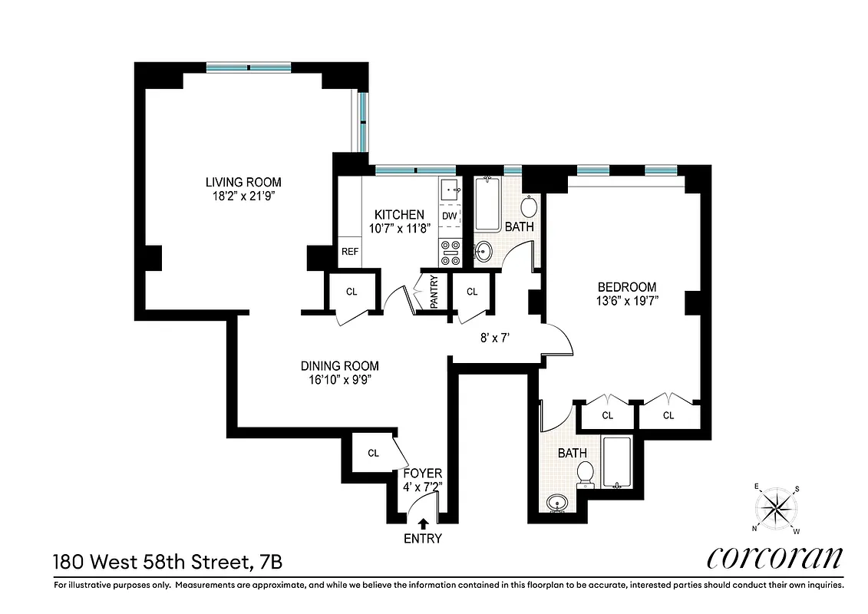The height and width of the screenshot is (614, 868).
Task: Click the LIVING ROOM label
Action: click(243, 182)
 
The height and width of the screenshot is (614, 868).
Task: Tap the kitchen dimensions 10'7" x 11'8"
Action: click(398, 228)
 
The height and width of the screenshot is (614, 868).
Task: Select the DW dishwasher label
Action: click(449, 216)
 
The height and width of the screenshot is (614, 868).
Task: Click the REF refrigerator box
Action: click(350, 251)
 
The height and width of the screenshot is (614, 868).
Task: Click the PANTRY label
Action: click(434, 292)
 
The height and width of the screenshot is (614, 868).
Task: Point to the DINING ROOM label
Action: click(339, 366)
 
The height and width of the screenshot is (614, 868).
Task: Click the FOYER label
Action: click(422, 474)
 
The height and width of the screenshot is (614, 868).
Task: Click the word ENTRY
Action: click(423, 538)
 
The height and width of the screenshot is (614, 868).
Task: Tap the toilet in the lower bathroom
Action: click(586, 473)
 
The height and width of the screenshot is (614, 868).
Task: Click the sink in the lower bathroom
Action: click(558, 503)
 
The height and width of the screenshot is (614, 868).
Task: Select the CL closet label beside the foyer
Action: click(373, 453)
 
